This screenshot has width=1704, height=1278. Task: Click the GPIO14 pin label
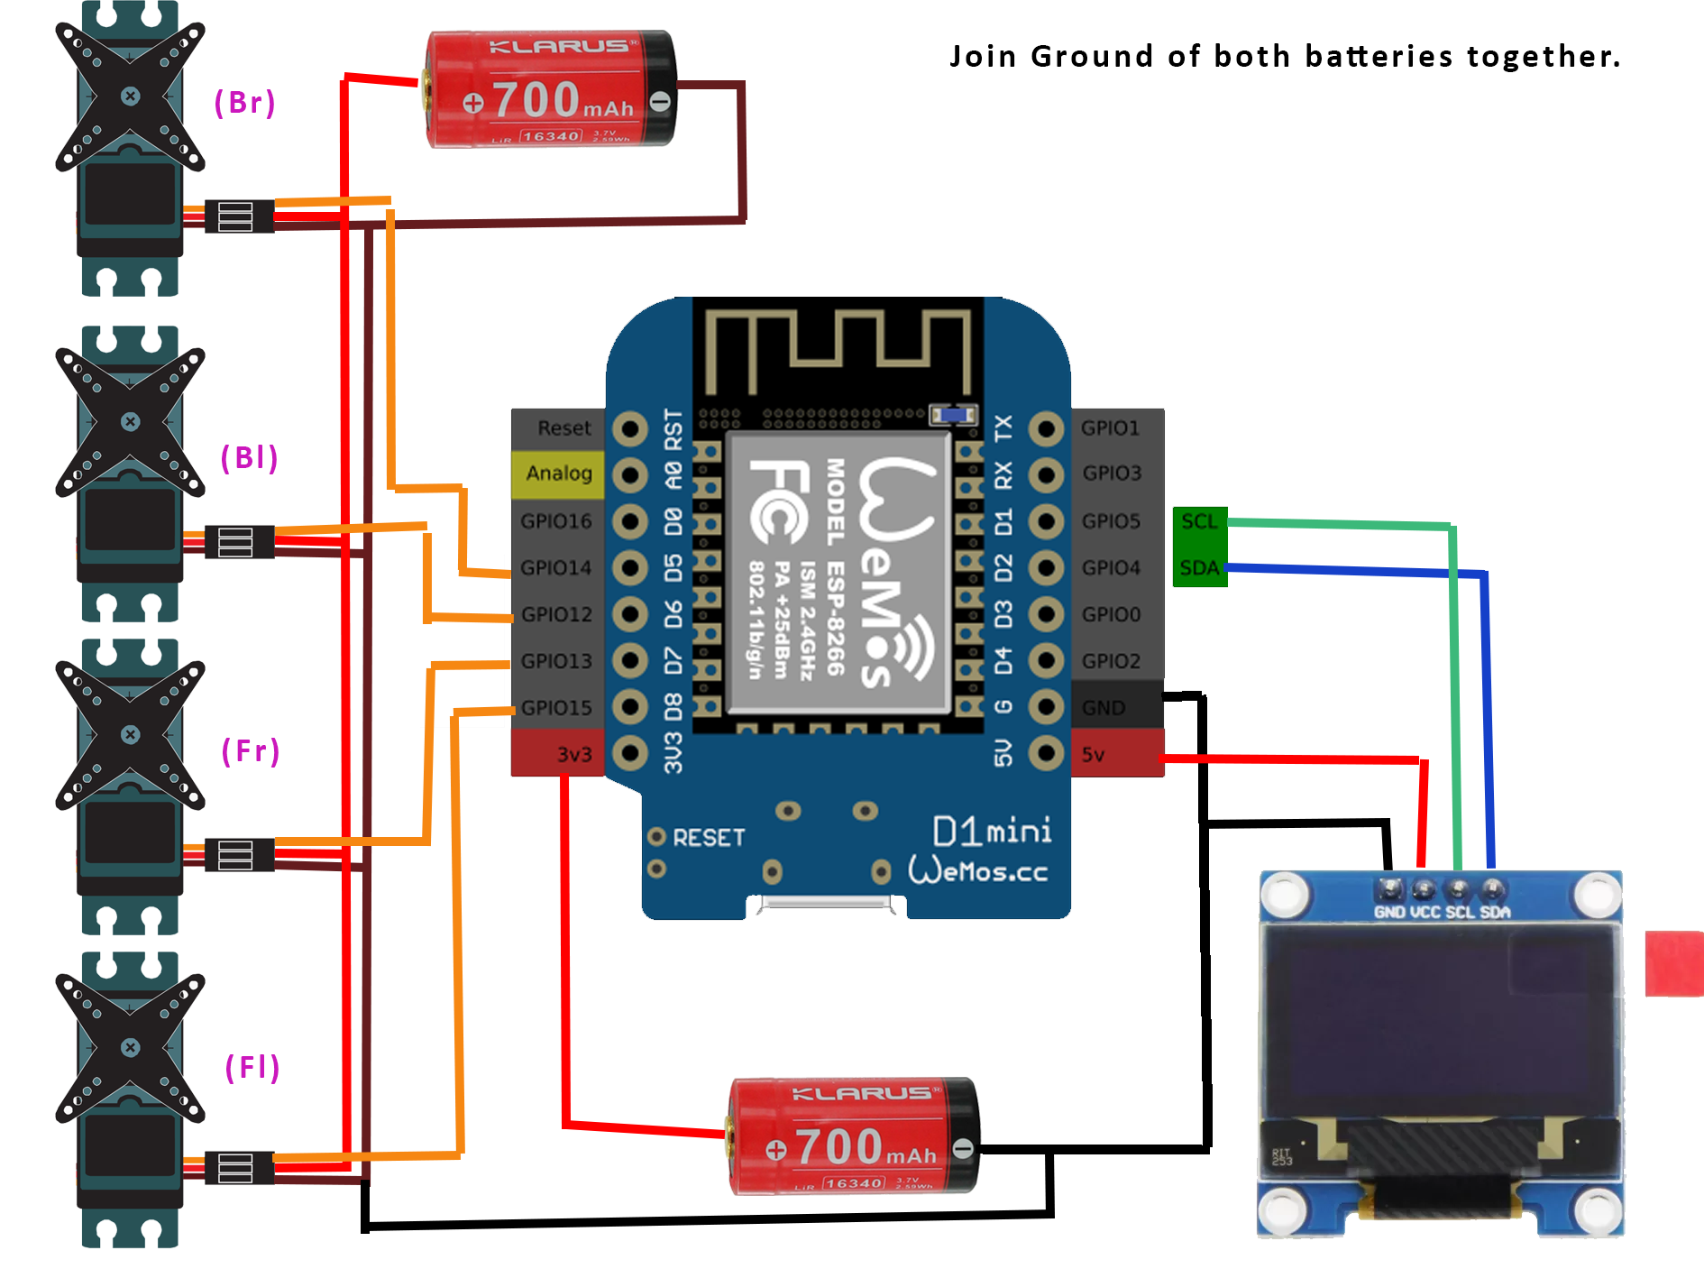click(x=555, y=568)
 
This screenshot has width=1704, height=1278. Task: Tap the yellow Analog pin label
click(x=558, y=474)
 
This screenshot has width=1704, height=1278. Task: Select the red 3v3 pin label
click(x=573, y=755)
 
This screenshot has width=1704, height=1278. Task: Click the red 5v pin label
click(x=1093, y=755)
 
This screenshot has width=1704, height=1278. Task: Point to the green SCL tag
click(x=1199, y=522)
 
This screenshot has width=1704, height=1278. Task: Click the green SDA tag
click(x=1199, y=568)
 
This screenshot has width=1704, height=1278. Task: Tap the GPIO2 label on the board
click(x=1111, y=661)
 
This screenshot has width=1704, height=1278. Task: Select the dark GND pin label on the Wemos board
click(x=1104, y=708)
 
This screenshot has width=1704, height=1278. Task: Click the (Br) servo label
click(x=244, y=103)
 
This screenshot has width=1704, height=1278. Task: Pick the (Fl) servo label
click(x=252, y=1068)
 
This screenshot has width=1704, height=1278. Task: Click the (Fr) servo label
click(x=251, y=751)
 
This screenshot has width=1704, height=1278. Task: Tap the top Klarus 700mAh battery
click(x=550, y=90)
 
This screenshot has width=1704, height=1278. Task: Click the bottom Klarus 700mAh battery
click(x=853, y=1136)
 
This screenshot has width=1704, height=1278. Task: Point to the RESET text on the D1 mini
click(x=709, y=838)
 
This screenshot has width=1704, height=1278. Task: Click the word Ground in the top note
click(x=1091, y=57)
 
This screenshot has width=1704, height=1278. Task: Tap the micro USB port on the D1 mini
click(x=826, y=905)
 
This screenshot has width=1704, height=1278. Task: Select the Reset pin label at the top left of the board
click(x=563, y=428)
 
